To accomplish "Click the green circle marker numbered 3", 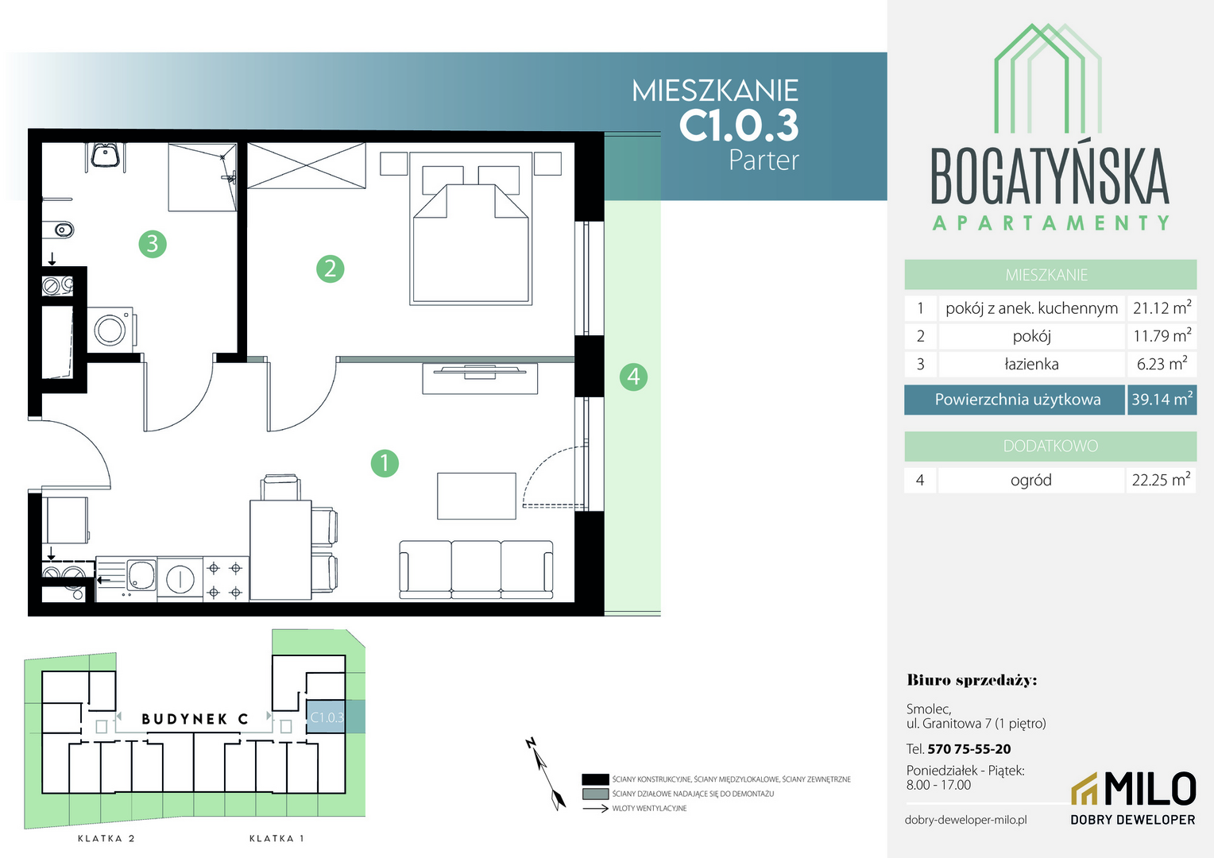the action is pos(153,244).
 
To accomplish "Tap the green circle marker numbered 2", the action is pos(330,269).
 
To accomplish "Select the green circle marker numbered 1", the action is pos(385,463).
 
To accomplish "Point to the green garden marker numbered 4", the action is pos(633,377).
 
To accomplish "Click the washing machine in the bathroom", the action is pos(112,328).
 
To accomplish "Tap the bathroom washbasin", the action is pos(105,155).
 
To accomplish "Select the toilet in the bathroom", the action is pos(58,230).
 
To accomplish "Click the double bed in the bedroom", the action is pos(470,229).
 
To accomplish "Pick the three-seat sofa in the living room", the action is pos(476,570).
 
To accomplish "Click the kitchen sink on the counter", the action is pos(141,576).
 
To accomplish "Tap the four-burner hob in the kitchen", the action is pos(225,579).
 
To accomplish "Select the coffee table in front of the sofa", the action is pos(477,496).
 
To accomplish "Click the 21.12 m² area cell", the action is pos(1162,308).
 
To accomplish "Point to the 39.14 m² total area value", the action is pos(1162,400).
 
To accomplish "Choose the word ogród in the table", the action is pos(1030,480).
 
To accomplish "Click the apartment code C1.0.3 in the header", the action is pos(739,126).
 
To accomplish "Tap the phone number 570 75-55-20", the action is pos(969,749).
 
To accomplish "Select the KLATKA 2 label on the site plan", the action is pos(106,838).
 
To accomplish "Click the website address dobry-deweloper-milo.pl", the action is pos(966,820).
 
